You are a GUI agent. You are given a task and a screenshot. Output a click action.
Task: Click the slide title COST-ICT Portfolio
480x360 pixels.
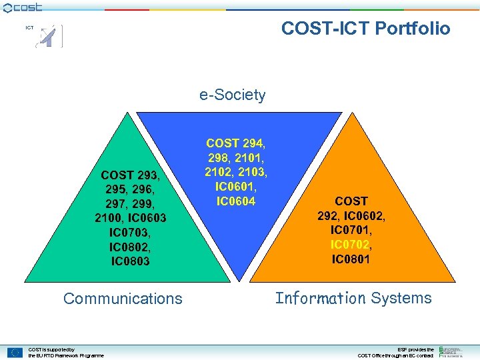click(x=365, y=28)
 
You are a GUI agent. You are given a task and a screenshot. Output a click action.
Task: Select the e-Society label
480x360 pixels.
click(x=232, y=95)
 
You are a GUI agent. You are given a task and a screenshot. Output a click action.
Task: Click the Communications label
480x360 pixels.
click(x=123, y=298)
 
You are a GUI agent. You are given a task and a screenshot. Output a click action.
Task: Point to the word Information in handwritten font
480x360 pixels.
click(x=320, y=298)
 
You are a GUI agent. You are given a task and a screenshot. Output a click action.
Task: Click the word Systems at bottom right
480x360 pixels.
click(x=401, y=298)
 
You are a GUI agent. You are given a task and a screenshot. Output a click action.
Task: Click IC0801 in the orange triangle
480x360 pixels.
click(x=351, y=259)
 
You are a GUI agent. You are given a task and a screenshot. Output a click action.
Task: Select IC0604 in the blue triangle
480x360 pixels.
click(x=235, y=201)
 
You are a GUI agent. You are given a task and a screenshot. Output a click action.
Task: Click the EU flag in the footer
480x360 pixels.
click(x=15, y=353)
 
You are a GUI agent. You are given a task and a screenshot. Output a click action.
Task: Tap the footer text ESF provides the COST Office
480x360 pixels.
click(x=396, y=353)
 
